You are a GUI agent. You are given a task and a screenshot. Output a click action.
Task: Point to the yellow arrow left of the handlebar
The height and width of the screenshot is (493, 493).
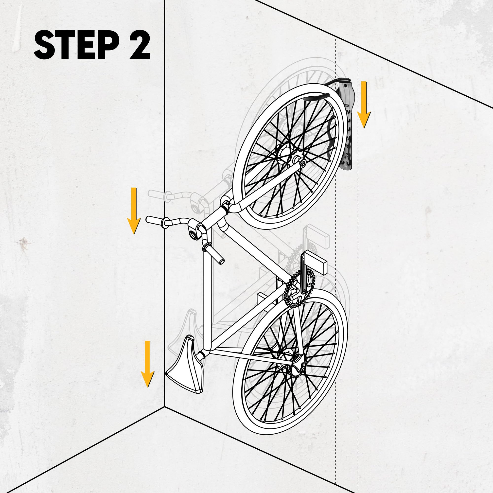[x=134, y=211]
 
